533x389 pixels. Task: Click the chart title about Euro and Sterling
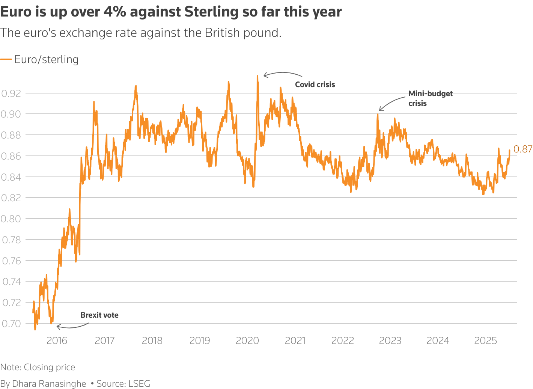[171, 12]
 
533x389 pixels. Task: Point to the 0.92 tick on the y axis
[11, 93]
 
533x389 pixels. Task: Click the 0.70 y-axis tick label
[11, 323]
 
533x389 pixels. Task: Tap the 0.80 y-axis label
[11, 219]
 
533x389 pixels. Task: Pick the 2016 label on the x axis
[57, 341]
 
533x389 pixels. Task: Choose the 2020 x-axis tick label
[247, 341]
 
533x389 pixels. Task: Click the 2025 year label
[485, 341]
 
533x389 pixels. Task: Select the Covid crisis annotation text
[315, 84]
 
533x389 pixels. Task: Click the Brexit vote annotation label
[99, 315]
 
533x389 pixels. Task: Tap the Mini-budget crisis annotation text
[430, 98]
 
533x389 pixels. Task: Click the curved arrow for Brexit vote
[71, 326]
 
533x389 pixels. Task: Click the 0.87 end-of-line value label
[523, 149]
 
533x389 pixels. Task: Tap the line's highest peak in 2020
[257, 76]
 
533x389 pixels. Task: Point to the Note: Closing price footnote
[38, 367]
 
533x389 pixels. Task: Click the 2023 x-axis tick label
[390, 341]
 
